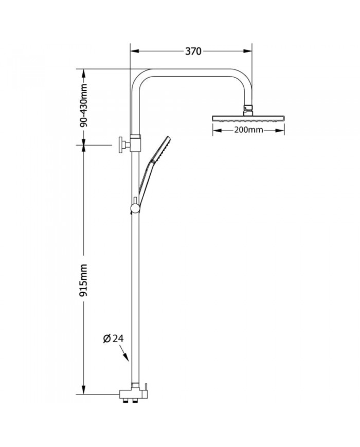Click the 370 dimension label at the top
tap(193, 51)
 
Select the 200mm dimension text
tap(249, 130)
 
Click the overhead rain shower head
tap(248, 118)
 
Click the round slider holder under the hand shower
tap(135, 207)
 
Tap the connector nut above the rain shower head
tap(248, 109)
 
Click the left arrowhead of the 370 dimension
tap(133, 51)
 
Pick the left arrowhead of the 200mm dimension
tap(215, 130)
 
